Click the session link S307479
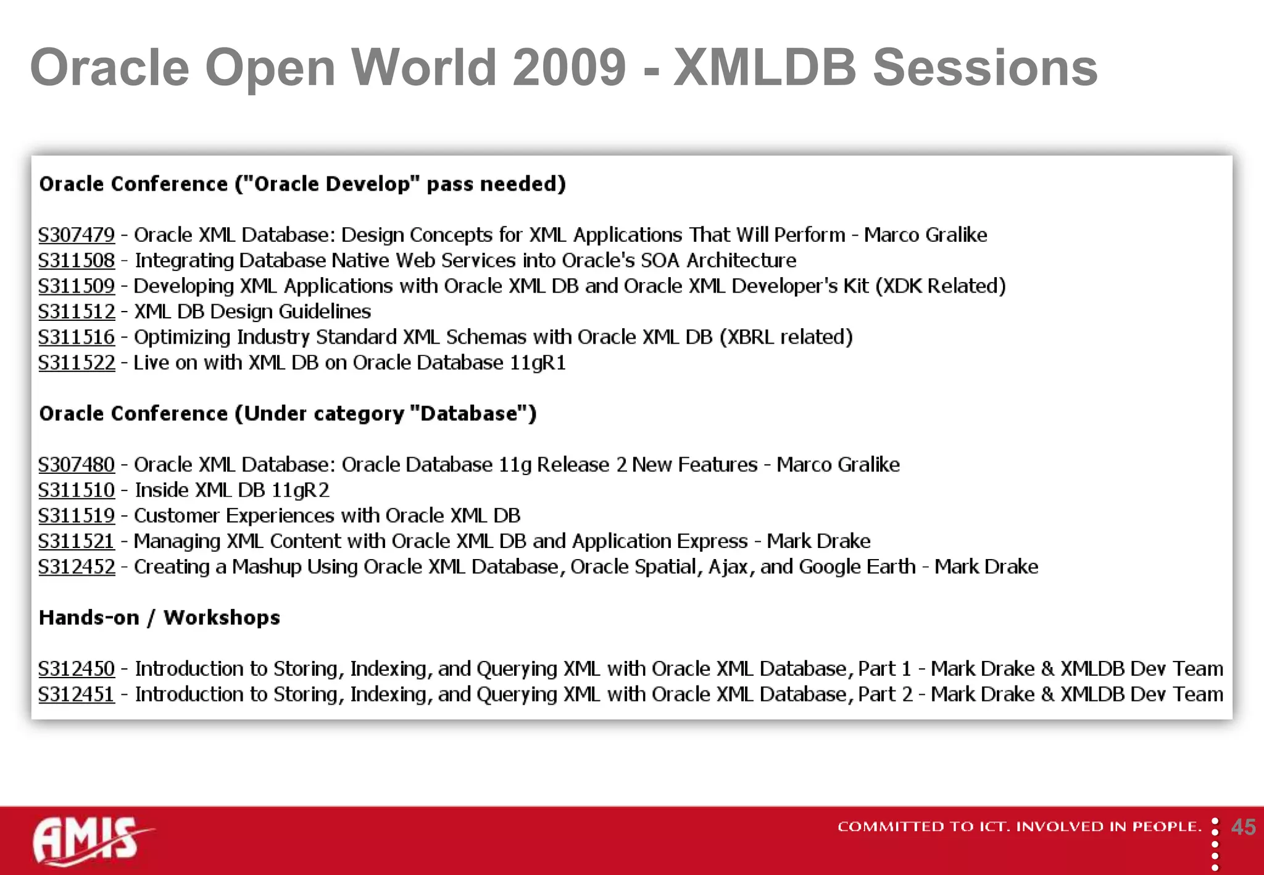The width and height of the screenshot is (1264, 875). tap(77, 235)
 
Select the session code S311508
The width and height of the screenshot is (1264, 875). tap(77, 260)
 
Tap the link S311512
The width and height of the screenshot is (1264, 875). tap(77, 312)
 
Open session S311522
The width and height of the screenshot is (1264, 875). tap(77, 363)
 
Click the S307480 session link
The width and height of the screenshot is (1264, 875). tap(77, 465)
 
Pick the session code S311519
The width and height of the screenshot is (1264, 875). tap(77, 516)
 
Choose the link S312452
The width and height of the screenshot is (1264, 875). tap(77, 567)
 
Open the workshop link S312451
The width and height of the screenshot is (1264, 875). tap(77, 695)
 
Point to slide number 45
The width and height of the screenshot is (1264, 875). tap(1243, 827)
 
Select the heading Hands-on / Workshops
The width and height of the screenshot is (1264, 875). tap(159, 618)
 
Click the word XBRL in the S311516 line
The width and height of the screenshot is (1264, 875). tap(750, 337)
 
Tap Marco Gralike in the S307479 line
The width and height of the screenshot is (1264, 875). tap(925, 235)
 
